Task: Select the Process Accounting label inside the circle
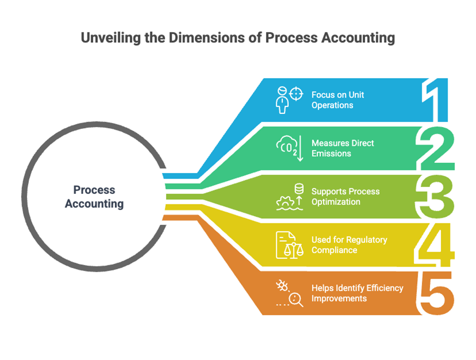click(94, 197)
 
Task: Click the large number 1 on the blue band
click(435, 100)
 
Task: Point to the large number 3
click(435, 196)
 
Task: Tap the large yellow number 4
click(435, 245)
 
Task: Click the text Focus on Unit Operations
click(337, 100)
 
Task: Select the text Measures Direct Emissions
click(343, 148)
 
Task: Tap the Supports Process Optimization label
click(346, 196)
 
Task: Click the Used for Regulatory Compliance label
click(350, 245)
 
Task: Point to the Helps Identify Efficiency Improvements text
click(357, 293)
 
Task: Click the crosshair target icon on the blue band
click(296, 94)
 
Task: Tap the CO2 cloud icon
click(287, 146)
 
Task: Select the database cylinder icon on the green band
click(299, 189)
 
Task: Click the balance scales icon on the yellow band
click(293, 250)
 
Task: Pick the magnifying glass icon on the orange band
click(296, 300)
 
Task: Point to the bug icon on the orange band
click(282, 286)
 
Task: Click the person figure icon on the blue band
click(282, 100)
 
